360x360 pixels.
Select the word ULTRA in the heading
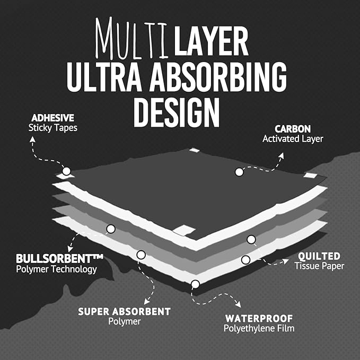(x=104, y=76)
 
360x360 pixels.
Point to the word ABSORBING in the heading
(x=218, y=76)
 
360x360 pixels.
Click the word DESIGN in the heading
(x=177, y=112)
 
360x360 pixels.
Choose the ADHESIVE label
(x=53, y=118)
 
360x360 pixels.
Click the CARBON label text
(x=293, y=129)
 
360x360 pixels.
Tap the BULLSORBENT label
(x=59, y=259)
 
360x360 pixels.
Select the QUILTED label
(x=319, y=256)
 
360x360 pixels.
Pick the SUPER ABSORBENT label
(x=124, y=312)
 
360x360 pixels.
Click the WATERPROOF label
(x=259, y=319)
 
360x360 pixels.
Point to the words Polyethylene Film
(x=259, y=328)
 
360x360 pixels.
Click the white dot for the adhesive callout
(x=66, y=171)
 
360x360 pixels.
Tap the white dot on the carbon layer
(x=239, y=172)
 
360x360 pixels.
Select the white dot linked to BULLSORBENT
(x=111, y=229)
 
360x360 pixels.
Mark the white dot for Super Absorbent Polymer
(x=141, y=255)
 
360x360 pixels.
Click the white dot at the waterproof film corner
(x=196, y=284)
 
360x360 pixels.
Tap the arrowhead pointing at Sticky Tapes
(x=32, y=139)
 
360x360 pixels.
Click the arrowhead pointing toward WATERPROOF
(x=238, y=304)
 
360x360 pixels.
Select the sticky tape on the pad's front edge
(x=184, y=230)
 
